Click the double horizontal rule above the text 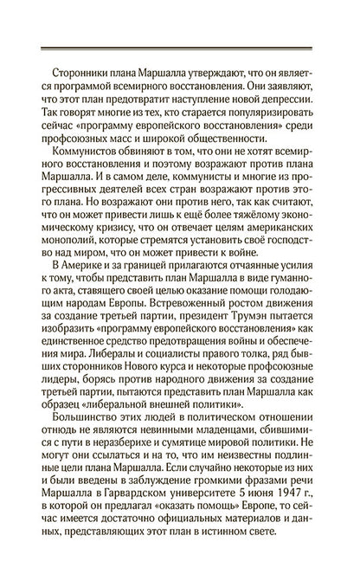[x=179, y=49]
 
